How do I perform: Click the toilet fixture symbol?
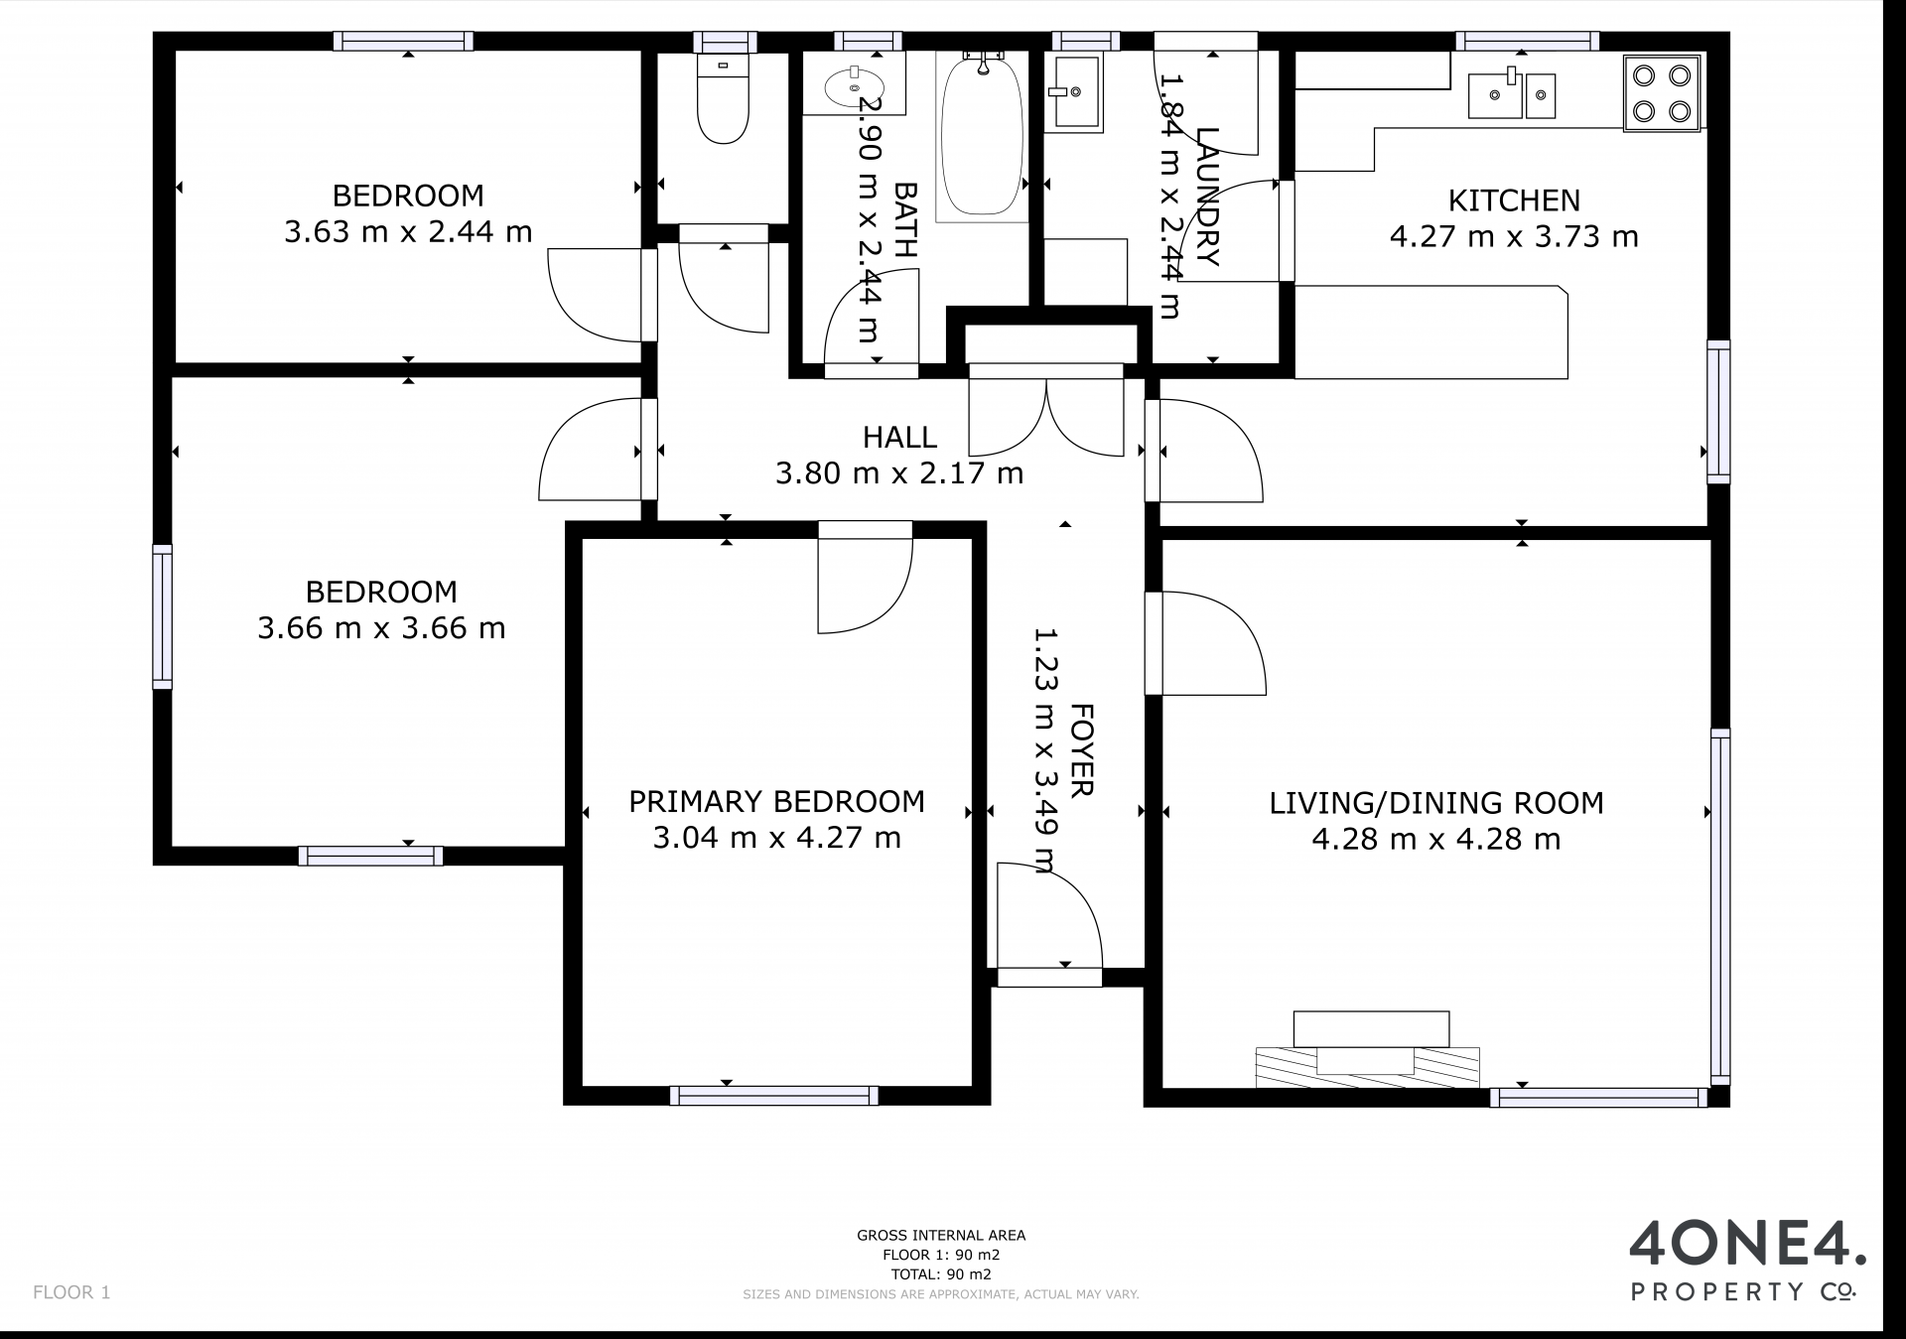coord(723,98)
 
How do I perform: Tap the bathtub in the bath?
coord(981,134)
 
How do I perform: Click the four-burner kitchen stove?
coord(1662,93)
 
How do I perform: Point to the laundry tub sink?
coord(1073,92)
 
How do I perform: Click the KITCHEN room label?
coord(1514,201)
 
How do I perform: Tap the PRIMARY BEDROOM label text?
coord(776,801)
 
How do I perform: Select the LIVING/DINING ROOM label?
coord(1436,803)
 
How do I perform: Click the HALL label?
coord(899,437)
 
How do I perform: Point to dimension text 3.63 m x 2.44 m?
coord(408,232)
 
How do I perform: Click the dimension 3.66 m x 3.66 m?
coord(381,628)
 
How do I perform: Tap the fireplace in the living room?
coord(1369,1049)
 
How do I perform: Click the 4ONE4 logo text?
coord(1747,1244)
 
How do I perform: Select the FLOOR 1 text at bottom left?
coord(71,1292)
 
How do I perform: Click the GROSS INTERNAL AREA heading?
coord(941,1236)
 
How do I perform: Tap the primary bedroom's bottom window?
coord(774,1096)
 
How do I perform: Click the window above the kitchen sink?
coord(1527,41)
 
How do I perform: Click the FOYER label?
coord(1082,750)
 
